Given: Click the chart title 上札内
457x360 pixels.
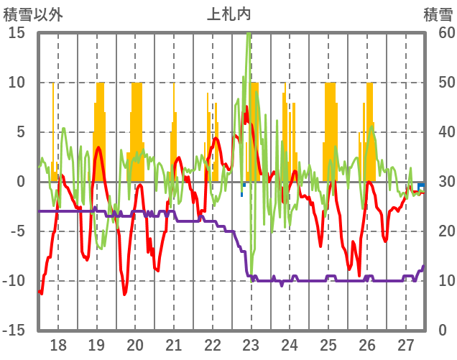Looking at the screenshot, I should pos(229,14).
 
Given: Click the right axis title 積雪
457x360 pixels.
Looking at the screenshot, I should pos(437,14).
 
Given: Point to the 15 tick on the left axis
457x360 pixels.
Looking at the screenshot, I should pos(17,33).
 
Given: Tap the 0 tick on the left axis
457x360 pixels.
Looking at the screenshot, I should pos(21,182).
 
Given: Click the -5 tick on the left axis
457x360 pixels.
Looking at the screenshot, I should pos(17,231).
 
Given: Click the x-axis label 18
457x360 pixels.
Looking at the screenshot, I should pos(58,345).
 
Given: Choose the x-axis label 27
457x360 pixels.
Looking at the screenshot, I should pos(406,345).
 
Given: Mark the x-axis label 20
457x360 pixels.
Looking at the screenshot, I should pos(135,345).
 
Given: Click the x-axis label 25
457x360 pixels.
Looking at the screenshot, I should pos(328,345).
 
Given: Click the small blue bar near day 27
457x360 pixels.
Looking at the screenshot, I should pos(421,185).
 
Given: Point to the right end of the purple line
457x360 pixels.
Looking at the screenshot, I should pos(423,266).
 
